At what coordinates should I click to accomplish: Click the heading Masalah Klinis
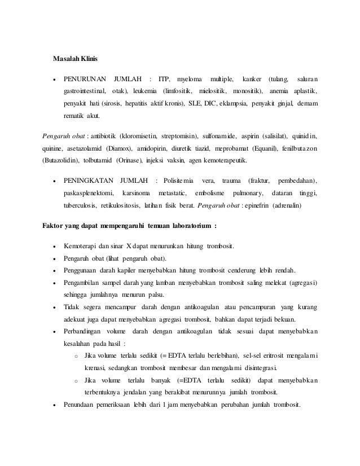pos(75,58)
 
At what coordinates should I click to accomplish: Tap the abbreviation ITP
pos(164,77)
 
